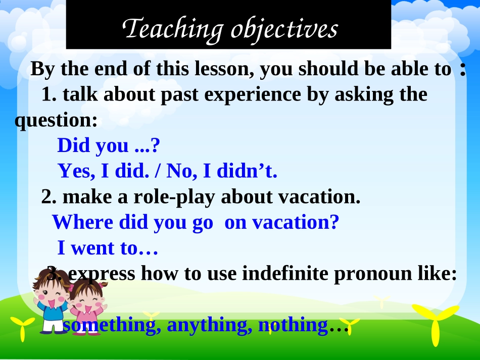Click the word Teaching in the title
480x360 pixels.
click(173, 30)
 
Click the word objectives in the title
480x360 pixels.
click(284, 30)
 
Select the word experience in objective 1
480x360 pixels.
click(252, 95)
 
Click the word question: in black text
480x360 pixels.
click(56, 120)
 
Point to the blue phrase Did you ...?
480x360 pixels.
click(109, 145)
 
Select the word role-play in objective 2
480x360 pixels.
click(174, 197)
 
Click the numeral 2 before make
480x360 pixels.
click(49, 197)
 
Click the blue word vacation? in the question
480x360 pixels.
click(296, 222)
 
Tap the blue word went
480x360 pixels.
click(93, 248)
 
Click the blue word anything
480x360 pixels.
click(210, 325)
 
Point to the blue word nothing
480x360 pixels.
click(293, 325)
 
